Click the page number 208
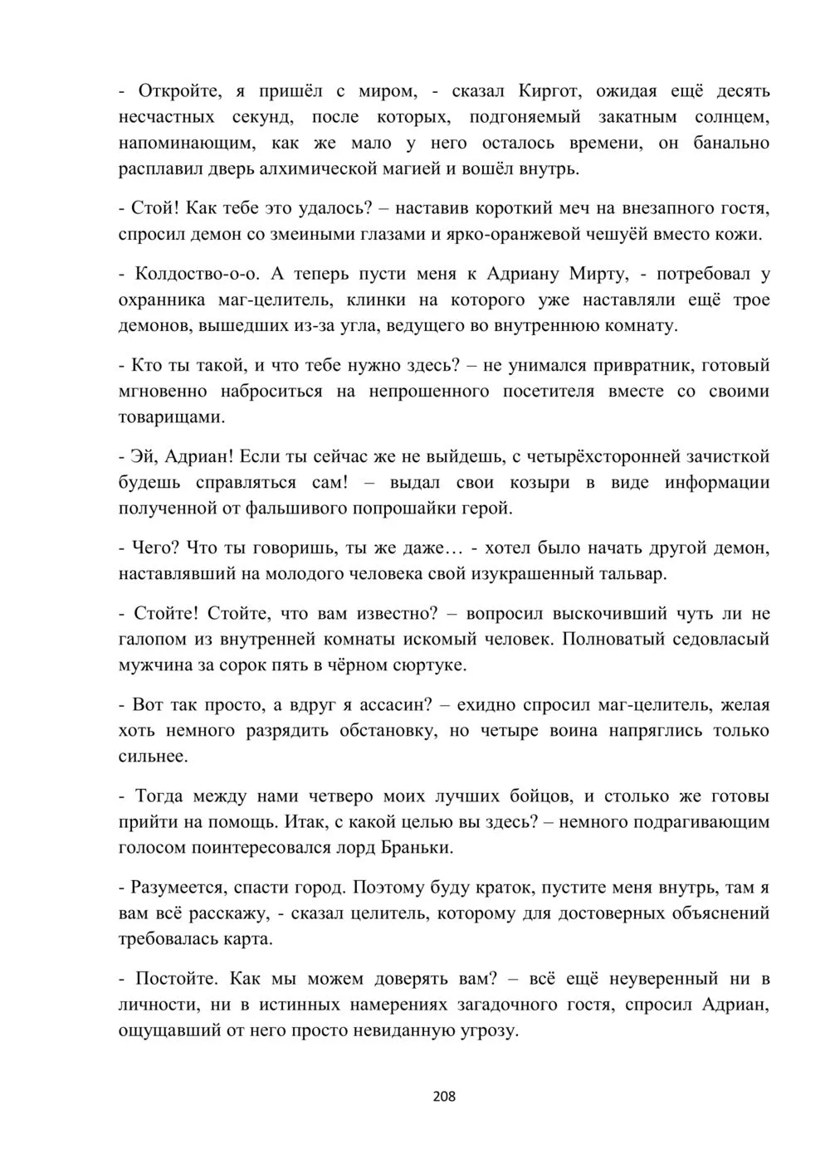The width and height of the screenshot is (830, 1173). (x=445, y=1097)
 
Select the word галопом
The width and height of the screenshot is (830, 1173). (x=154, y=639)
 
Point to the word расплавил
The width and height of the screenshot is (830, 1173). (x=159, y=168)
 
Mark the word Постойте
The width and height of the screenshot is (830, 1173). (x=173, y=979)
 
